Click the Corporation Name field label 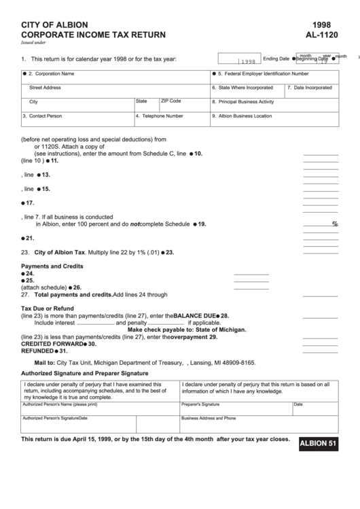coord(52,73)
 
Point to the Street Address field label coord(46,88)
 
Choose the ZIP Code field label coord(171,101)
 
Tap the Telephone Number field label coord(160,116)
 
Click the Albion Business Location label coord(245,116)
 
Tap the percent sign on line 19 coord(334,224)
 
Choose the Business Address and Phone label coord(209,419)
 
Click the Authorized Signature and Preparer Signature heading coord(85,373)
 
